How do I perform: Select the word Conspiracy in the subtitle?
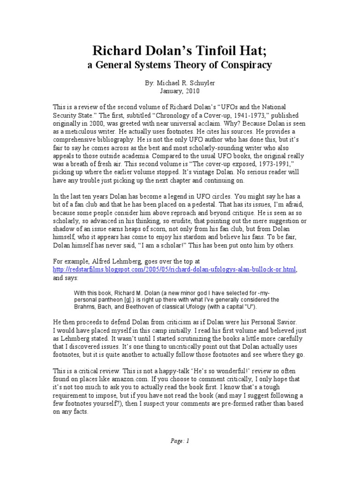244,65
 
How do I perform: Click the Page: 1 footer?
180,441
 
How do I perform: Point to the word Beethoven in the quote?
147,307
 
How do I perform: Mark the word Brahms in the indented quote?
85,307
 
